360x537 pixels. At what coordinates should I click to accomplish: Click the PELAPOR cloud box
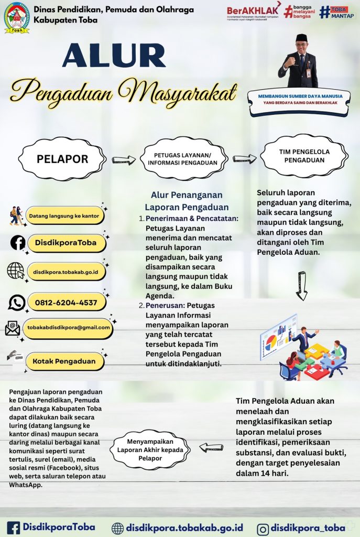62,158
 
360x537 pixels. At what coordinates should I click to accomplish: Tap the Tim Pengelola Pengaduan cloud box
303,155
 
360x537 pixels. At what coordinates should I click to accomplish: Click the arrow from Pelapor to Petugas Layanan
124,159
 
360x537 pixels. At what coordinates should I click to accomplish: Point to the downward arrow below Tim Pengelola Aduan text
301,285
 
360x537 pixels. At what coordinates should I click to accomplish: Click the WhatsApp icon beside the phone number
17,303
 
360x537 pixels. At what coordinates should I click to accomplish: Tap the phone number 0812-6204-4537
67,303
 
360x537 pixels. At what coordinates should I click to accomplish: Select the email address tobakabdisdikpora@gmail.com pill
68,328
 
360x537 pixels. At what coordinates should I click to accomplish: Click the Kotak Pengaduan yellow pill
64,361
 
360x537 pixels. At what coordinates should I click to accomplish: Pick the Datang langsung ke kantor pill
64,216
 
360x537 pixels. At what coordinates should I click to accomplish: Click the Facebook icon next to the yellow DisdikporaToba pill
18,243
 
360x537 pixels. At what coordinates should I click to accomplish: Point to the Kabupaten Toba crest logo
17,17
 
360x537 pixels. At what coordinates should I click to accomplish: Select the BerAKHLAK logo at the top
254,13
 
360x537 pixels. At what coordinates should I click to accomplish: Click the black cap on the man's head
301,38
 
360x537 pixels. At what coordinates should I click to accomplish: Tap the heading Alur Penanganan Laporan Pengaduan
187,201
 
